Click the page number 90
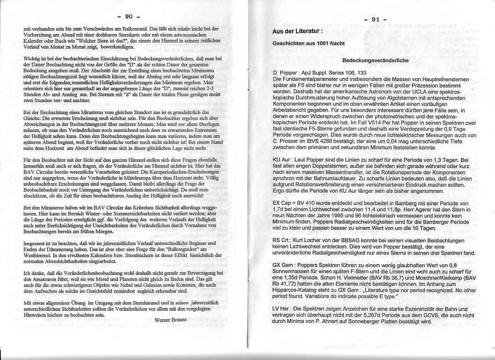129,17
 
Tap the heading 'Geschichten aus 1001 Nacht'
303,43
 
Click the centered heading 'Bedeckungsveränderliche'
375,61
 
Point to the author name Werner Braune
171,320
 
